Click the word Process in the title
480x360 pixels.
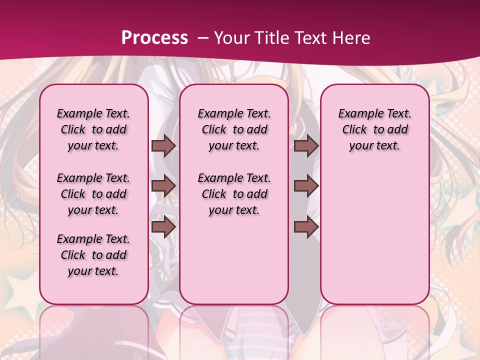pos(154,38)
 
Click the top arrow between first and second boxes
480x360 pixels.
pos(163,146)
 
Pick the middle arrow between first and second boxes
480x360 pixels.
pos(163,186)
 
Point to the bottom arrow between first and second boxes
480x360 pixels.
pos(163,227)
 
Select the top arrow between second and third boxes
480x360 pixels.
pos(306,146)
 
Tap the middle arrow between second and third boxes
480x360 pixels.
pos(306,186)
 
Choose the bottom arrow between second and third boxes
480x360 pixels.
pos(306,227)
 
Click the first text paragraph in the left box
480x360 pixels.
pos(93,129)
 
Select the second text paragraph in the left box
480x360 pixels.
pos(93,194)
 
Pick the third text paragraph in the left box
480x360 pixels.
pos(93,255)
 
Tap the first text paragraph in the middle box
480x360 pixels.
pos(234,129)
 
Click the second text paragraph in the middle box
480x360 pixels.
pos(234,194)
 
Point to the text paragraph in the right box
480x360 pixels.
pos(375,129)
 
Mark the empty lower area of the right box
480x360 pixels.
pos(375,230)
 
